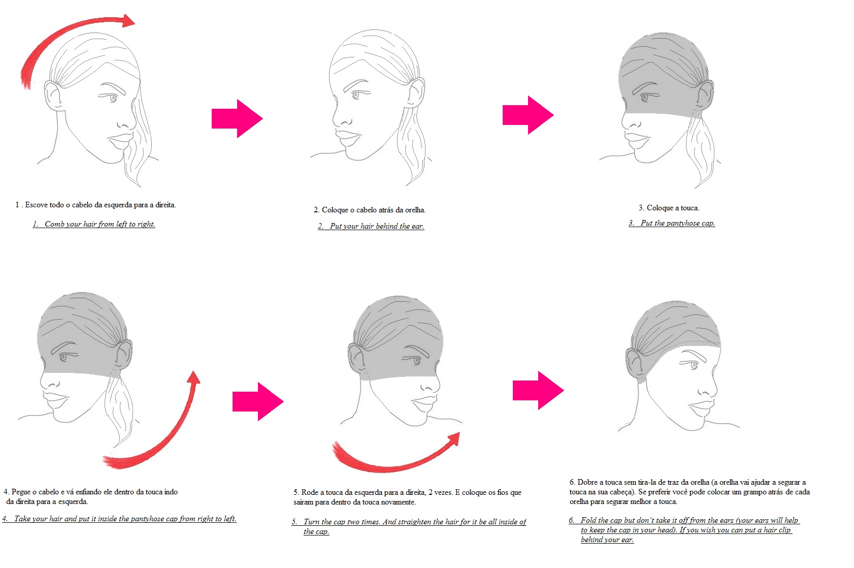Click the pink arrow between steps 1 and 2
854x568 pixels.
(x=237, y=118)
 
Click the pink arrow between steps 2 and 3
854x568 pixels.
(x=528, y=115)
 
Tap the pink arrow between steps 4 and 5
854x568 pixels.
(x=258, y=401)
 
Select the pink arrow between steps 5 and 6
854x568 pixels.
(x=538, y=390)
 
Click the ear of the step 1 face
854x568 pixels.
(x=53, y=96)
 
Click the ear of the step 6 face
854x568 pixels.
(x=635, y=364)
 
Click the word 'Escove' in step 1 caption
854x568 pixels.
(x=37, y=205)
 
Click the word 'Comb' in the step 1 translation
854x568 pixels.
(x=54, y=224)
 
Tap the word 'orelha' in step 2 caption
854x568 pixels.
(x=415, y=210)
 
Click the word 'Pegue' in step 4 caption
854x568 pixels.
(x=21, y=492)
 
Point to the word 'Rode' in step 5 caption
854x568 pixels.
(x=309, y=492)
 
